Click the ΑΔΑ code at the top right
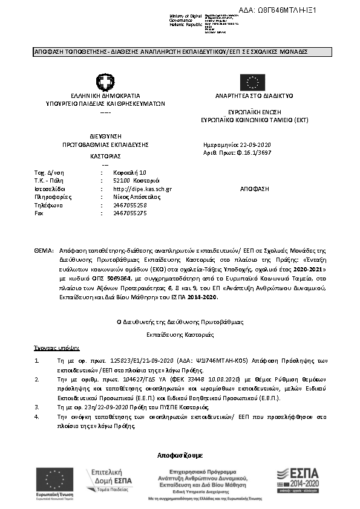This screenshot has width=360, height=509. pyautogui.click(x=286, y=10)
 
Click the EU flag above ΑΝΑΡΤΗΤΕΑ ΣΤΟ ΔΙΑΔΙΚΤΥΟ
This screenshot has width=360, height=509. pyautogui.click(x=252, y=82)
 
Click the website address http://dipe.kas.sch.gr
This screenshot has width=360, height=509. pyautogui.click(x=142, y=189)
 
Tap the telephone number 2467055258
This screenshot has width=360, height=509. pyautogui.click(x=130, y=205)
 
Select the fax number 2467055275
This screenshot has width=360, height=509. pyautogui.click(x=130, y=213)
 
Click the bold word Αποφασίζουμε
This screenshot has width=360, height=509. pyautogui.click(x=180, y=455)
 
